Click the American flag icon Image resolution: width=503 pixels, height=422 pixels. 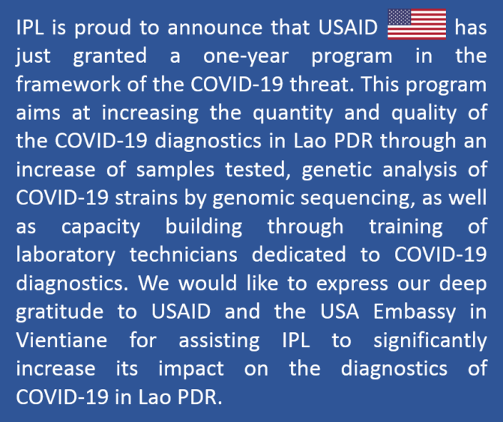[x=417, y=24]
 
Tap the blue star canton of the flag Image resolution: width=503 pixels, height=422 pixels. [x=399, y=17]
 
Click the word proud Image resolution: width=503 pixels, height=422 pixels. [x=103, y=28]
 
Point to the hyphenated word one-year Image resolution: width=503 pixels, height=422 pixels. [x=246, y=56]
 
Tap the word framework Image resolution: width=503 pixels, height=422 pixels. [x=68, y=84]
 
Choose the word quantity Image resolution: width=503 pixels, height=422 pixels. [x=293, y=113]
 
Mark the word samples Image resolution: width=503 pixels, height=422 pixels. [x=175, y=170]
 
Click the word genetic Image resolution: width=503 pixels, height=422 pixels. [x=337, y=170]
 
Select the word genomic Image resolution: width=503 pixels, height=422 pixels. [x=253, y=198]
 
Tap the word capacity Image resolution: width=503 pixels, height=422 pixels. [x=100, y=227]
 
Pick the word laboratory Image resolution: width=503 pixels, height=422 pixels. [x=66, y=255]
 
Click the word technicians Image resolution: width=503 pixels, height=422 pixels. [x=184, y=255]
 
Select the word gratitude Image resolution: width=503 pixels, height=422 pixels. [x=60, y=312]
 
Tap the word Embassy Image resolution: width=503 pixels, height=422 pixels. [x=415, y=312]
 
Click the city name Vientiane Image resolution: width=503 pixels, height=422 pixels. [x=61, y=340]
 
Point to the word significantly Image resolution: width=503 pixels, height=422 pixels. [x=430, y=340]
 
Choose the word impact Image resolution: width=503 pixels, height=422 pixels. [x=191, y=369]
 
